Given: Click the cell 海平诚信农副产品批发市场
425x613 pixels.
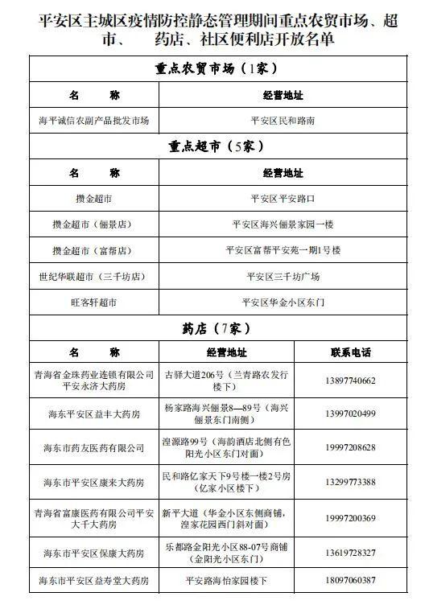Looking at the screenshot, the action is tap(94, 121).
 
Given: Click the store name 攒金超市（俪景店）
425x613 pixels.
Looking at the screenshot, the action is tap(94, 224).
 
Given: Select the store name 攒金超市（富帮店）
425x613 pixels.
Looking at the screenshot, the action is tap(94, 250).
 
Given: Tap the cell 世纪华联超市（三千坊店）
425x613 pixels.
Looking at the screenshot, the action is tap(94, 276).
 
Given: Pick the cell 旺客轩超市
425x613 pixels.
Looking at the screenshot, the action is tap(94, 302).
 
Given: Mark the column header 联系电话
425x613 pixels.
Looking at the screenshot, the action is tap(351, 352).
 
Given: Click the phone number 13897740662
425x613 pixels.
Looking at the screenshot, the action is tap(351, 381).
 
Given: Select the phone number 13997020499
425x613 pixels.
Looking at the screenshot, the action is tap(351, 413).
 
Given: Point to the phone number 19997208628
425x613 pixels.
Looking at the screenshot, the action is tap(351, 447).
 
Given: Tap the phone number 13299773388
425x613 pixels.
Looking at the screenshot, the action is tap(351, 482).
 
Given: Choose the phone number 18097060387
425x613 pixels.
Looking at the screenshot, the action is tap(351, 579).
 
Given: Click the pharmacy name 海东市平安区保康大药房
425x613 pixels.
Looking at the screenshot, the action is tap(94, 553).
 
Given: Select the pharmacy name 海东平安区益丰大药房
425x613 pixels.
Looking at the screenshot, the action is tap(94, 413).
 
